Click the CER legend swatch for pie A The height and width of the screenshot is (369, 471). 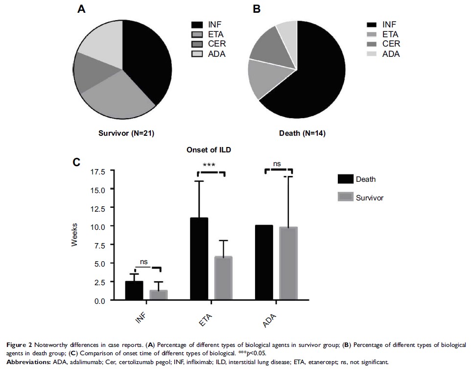(x=197, y=44)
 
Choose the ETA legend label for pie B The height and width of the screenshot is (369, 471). (x=390, y=34)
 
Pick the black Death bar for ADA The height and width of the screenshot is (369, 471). (x=264, y=263)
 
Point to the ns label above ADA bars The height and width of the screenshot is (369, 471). (x=277, y=164)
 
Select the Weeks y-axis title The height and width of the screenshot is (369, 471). (x=74, y=236)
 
